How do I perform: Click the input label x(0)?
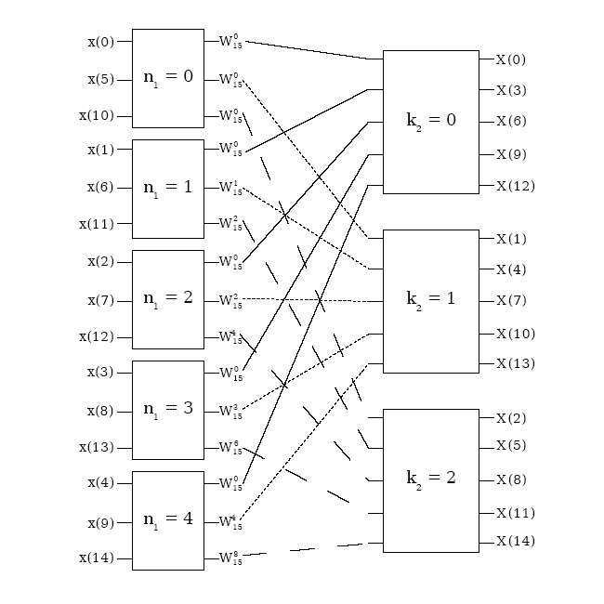100,42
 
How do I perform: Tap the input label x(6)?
100,187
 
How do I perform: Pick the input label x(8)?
100,410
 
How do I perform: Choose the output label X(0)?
510,59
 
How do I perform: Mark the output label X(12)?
514,186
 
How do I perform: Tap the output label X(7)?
510,300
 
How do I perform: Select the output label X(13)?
514,363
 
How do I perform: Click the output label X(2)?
510,418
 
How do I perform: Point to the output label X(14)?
514,541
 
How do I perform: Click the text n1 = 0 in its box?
167,77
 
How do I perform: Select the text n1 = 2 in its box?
167,299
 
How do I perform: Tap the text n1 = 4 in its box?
167,519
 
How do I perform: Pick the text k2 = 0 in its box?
431,122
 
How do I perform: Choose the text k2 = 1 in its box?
431,299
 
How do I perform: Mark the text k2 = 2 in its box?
431,479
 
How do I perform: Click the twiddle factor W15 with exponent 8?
230,558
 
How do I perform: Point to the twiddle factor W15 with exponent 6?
230,447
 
